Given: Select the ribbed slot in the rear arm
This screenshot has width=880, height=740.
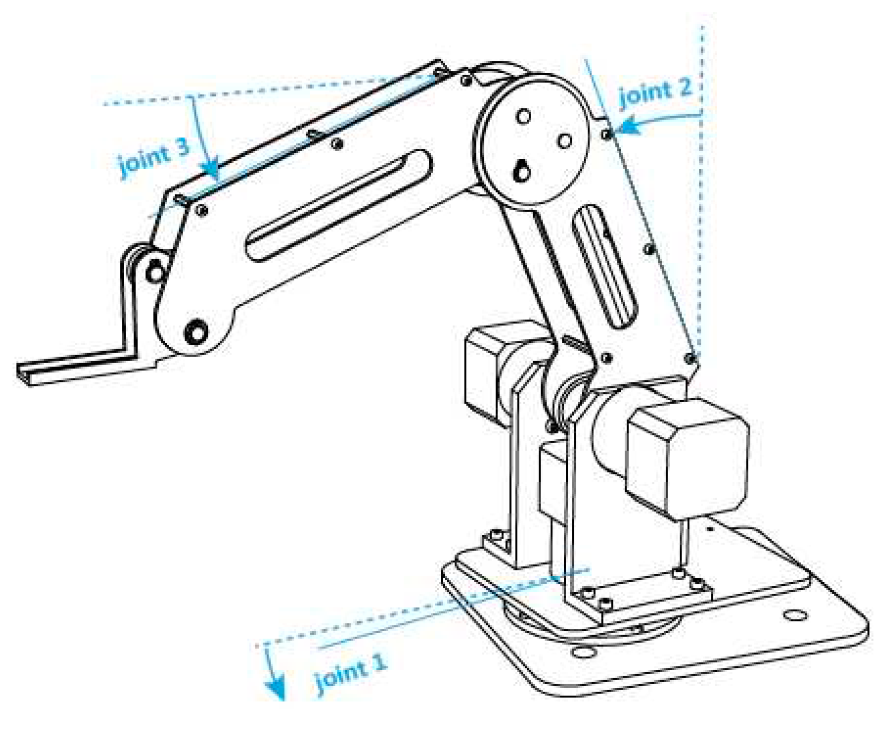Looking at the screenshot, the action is click(x=604, y=267).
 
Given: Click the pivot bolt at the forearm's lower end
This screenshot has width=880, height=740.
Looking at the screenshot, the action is click(x=196, y=332).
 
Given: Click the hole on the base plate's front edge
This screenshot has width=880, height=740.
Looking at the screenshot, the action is click(x=583, y=652).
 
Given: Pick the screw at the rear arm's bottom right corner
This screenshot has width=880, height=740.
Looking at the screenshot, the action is click(x=691, y=358).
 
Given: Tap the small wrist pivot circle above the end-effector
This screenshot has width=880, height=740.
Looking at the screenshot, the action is click(x=156, y=273).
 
